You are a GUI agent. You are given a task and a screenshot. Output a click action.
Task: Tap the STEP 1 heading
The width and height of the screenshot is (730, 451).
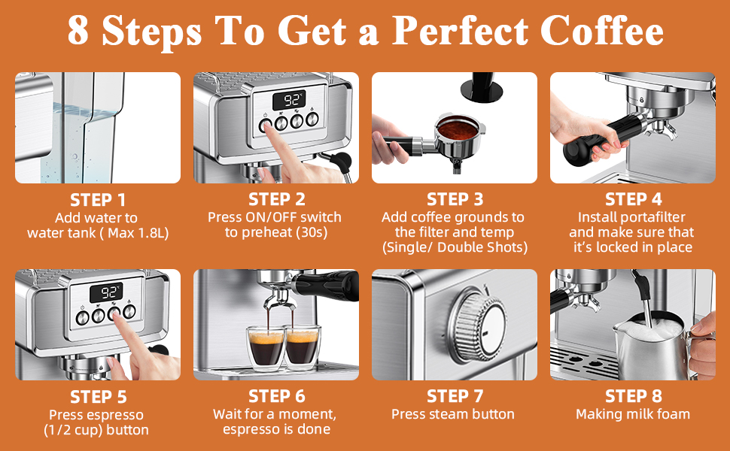[98, 200]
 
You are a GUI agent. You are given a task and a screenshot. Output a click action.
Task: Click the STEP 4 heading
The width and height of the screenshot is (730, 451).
[633, 200]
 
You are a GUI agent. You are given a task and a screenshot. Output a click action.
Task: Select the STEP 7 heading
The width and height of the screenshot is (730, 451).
[455, 396]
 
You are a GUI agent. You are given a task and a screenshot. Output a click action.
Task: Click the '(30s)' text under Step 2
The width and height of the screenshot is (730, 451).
[311, 233]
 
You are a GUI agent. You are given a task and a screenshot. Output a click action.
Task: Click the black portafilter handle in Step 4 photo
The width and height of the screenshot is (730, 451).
[595, 143]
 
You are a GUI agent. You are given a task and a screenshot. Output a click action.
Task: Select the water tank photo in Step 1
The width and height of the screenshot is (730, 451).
[98, 128]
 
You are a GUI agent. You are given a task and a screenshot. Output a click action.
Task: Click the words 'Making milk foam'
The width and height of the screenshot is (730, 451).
[633, 414]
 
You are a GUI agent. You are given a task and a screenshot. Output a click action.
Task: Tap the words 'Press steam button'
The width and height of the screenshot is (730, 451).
[453, 414]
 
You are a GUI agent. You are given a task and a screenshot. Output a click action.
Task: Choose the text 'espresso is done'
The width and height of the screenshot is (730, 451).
[276, 430]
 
